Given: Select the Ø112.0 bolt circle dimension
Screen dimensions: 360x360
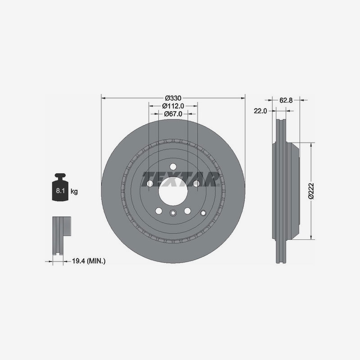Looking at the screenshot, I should [173, 106].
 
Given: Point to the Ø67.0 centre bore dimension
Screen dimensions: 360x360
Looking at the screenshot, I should [173, 114].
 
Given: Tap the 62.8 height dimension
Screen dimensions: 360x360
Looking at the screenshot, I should [286, 100].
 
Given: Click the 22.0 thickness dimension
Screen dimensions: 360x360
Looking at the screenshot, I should [261, 111].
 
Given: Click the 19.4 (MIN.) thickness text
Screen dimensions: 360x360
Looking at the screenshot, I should [89, 261].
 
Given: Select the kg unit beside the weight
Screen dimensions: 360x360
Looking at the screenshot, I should [74, 192].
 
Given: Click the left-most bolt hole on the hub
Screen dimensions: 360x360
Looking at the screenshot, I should [149, 183].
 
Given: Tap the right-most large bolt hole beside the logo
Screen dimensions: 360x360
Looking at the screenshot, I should [196, 183].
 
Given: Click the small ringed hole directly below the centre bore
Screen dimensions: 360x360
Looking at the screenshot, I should [173, 213].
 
